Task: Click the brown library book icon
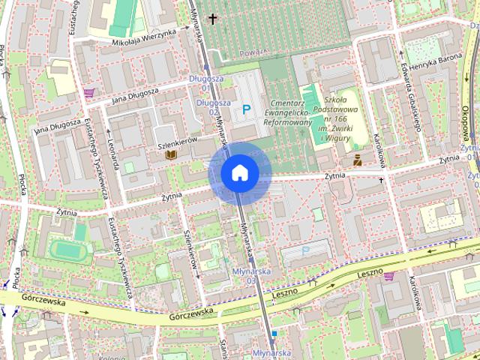click(x=171, y=154)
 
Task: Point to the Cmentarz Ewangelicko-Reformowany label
click(x=287, y=112)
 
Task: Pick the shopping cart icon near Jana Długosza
click(x=89, y=93)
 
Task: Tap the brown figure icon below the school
click(x=358, y=159)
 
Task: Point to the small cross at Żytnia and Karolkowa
click(x=381, y=181)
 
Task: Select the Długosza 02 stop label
click(x=211, y=106)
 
